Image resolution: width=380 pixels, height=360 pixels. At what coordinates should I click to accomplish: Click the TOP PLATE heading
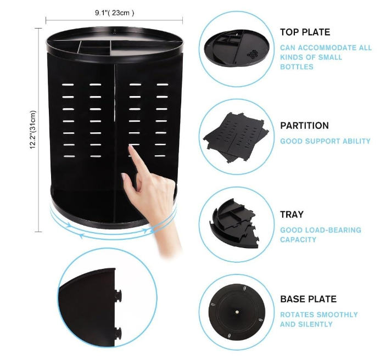[305, 32]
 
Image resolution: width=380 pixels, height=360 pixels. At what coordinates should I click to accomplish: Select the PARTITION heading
[304, 126]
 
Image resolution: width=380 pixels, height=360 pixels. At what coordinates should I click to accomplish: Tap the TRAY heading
[292, 215]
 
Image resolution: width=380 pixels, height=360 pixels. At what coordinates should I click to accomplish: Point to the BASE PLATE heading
[308, 299]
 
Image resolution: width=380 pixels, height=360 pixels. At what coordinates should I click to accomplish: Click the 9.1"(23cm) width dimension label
[114, 13]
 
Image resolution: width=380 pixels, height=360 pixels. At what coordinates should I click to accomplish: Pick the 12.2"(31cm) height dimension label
[33, 130]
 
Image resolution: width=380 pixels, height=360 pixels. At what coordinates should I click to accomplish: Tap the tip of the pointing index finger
[131, 146]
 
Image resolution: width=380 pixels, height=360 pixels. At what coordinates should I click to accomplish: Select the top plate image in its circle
[237, 48]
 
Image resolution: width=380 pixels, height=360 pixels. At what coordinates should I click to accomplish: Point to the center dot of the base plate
[237, 312]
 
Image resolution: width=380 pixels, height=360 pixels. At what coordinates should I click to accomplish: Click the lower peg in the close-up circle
[118, 332]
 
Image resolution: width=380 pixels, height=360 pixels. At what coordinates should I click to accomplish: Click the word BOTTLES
[297, 67]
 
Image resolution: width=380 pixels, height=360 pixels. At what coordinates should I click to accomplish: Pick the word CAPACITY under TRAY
[298, 240]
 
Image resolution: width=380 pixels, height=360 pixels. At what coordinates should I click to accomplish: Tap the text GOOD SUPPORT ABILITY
[325, 141]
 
